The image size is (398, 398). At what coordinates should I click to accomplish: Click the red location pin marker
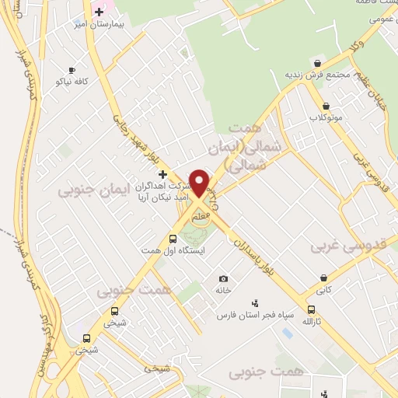tap(200, 183)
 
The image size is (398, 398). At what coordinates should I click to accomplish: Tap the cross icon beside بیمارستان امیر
tap(99, 12)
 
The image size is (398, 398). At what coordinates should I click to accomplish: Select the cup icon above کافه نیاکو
tap(72, 70)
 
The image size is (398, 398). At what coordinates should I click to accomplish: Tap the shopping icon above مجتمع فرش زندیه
tap(316, 63)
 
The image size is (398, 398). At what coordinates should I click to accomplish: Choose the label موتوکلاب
tap(325, 117)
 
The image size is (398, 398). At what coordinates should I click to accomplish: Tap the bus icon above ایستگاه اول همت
tap(173, 239)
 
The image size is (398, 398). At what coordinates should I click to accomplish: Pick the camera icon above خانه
tap(224, 279)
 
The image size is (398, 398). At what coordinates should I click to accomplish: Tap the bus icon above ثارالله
tap(311, 310)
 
